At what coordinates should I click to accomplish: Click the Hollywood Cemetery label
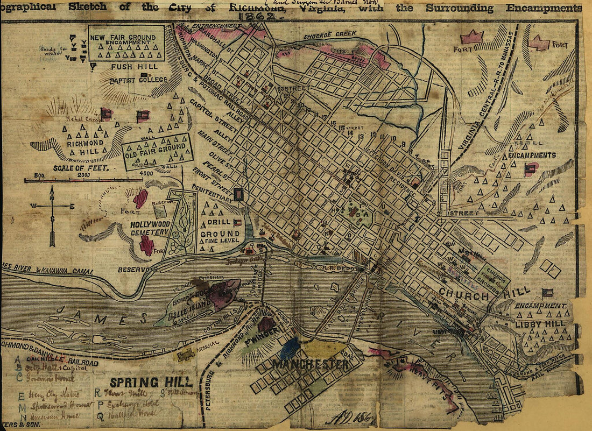pos(150,228)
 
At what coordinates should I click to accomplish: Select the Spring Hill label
pos(151,383)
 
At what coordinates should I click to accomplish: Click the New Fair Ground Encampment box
pos(126,43)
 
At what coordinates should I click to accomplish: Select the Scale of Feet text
pos(82,168)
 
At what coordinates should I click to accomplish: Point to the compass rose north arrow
pos(52,194)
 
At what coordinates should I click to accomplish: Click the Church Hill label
pos(463,295)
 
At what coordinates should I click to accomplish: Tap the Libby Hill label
pos(540,323)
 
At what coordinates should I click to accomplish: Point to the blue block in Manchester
pos(289,348)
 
